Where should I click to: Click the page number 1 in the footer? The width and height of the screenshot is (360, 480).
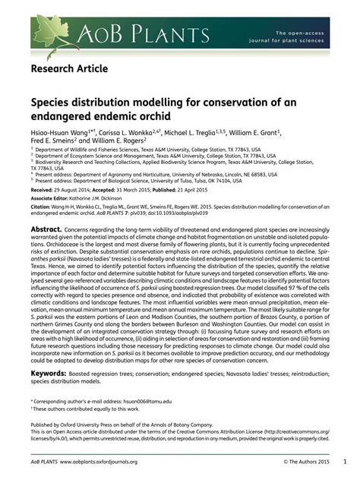coord(344,461)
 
